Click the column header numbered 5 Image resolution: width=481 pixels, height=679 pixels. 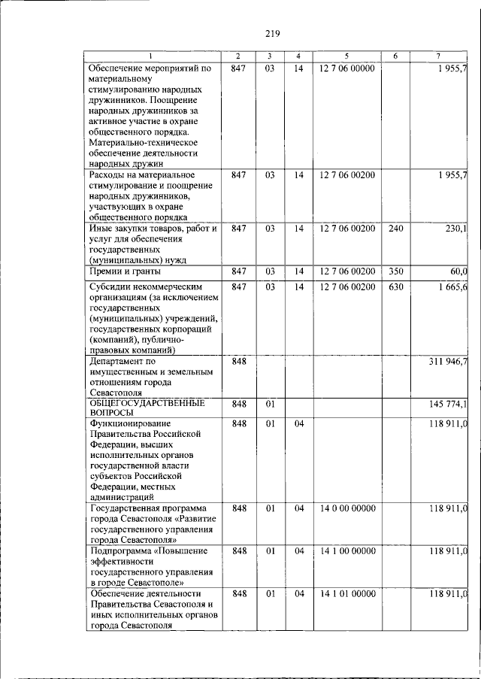346,56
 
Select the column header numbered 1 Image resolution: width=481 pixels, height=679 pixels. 150,56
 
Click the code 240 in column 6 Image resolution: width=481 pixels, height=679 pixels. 396,228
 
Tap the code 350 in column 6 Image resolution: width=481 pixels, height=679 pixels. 396,271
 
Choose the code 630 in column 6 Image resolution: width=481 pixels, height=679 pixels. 396,286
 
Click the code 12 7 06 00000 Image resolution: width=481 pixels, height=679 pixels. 346,68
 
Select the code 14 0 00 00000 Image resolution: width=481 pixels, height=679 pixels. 346,508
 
